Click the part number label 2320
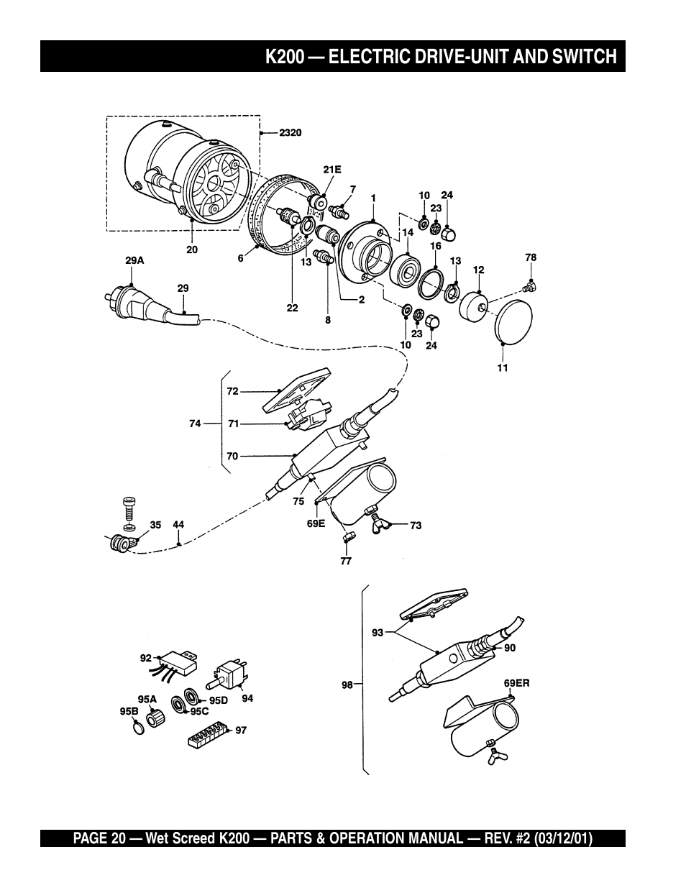click(x=290, y=133)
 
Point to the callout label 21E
click(x=332, y=169)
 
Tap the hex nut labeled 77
click(x=349, y=537)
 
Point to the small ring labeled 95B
click(x=139, y=728)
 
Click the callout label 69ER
click(x=516, y=683)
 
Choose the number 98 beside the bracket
click(x=347, y=685)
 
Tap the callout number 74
click(x=195, y=424)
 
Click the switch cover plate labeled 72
click(x=296, y=390)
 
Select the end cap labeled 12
click(x=474, y=306)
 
